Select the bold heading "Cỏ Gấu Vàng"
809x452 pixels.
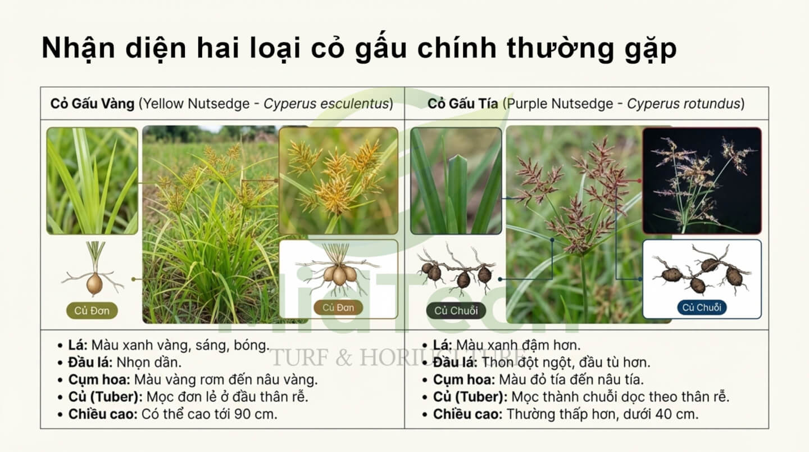pos(92,104)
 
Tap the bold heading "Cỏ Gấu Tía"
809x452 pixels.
pos(462,104)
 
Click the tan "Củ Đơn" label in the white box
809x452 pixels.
pos(338,308)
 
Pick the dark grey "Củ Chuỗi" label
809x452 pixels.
pos(456,310)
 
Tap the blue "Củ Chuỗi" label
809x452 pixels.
pos(702,308)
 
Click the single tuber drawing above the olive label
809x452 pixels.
pos(94,275)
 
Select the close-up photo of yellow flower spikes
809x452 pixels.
pos(338,180)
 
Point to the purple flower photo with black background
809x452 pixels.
pos(702,180)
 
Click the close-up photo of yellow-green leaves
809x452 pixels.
pos(92,180)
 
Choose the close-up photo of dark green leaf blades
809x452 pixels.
pos(456,180)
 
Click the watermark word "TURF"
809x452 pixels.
pos(296,356)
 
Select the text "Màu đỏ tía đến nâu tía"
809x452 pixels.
pos(571,379)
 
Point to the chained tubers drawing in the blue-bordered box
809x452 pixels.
pos(702,273)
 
